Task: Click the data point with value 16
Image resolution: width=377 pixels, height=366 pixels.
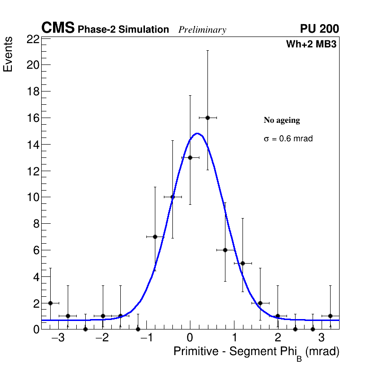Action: [207, 118]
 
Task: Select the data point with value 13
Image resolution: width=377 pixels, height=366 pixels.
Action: [190, 157]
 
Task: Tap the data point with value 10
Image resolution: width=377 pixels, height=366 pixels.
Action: [172, 197]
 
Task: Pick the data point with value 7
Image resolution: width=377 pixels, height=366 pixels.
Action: [155, 237]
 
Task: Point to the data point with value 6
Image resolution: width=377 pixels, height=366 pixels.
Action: [225, 250]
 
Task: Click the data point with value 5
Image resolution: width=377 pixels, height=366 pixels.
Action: [242, 263]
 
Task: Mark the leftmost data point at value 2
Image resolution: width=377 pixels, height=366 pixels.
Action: [50, 303]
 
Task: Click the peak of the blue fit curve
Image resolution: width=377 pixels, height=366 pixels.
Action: [197, 134]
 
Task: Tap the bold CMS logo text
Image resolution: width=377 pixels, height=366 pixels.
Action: [58, 28]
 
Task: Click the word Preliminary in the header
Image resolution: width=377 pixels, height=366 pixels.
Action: [202, 30]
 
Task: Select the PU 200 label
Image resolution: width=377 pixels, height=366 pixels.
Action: [319, 29]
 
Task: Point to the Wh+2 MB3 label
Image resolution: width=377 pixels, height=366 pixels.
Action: [311, 45]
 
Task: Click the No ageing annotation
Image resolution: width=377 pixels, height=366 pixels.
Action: [282, 120]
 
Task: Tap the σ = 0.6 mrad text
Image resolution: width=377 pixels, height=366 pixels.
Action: [288, 139]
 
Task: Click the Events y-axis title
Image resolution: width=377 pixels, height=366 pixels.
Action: [8, 55]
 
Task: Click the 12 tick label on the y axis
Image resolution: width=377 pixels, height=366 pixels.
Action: [33, 171]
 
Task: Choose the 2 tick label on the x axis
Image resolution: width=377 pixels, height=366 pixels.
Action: [278, 338]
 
